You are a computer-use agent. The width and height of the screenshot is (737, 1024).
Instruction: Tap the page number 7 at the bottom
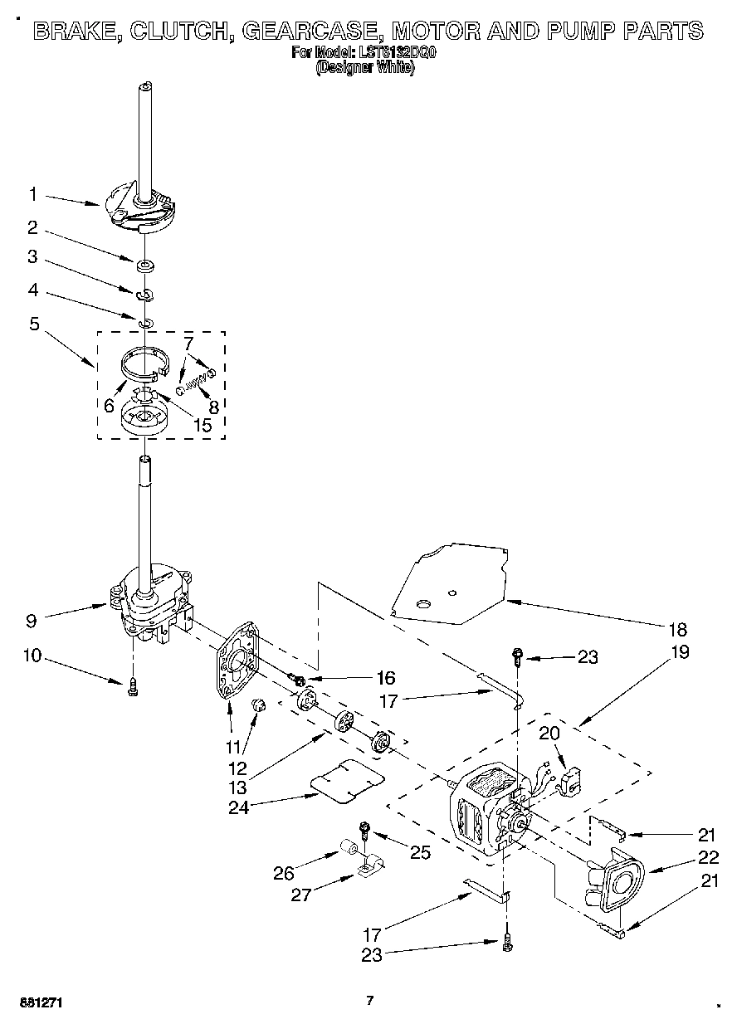[370, 1001]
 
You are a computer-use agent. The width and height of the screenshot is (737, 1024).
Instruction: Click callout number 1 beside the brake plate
[33, 194]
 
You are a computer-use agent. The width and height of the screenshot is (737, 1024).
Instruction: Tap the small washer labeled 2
[145, 266]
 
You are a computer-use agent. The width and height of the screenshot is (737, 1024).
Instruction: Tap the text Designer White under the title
[365, 69]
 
